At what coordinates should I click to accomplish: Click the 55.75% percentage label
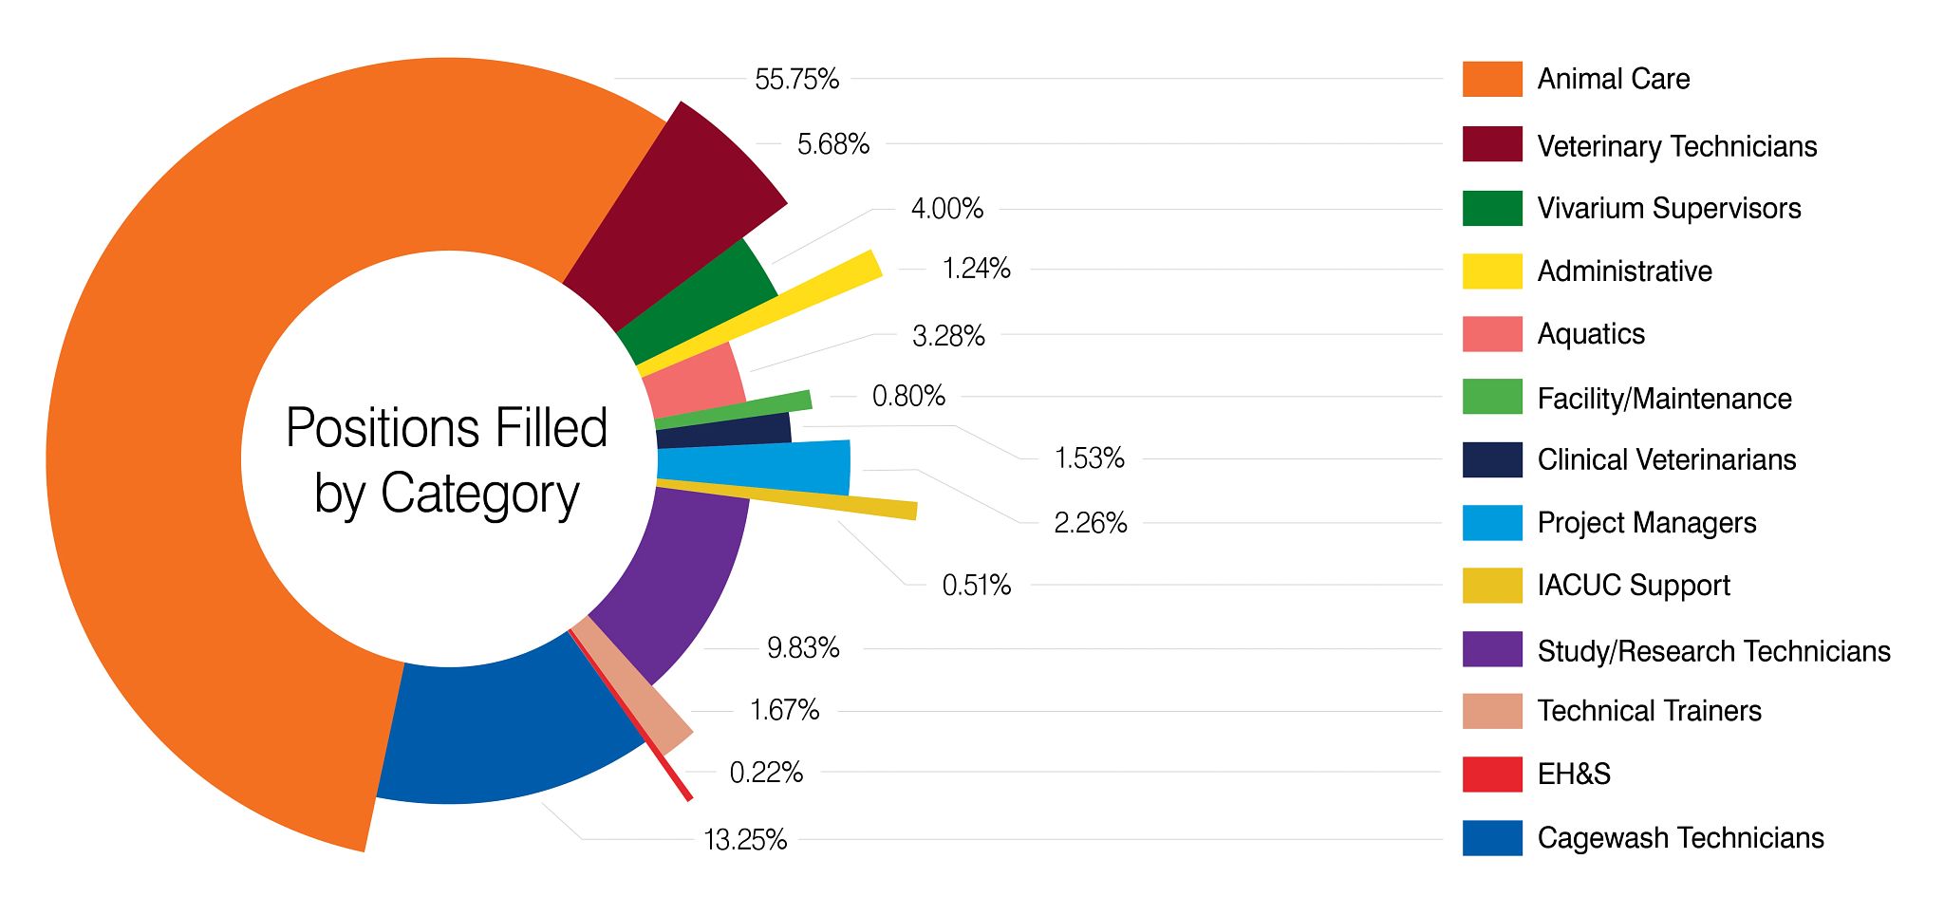point(796,79)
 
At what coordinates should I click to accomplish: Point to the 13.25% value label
point(745,840)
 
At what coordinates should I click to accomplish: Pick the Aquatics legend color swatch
point(1492,334)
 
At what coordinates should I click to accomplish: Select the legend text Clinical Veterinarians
point(1666,460)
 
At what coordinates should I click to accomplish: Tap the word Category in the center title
point(479,494)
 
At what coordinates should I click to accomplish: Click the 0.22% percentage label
point(766,773)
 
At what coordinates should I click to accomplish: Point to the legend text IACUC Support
point(1633,586)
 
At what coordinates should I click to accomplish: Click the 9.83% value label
point(803,648)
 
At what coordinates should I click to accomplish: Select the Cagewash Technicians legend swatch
point(1492,838)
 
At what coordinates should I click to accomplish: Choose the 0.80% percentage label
point(908,397)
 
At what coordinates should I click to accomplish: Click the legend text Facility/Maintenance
point(1664,399)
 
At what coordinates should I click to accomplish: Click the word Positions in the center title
point(364,429)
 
